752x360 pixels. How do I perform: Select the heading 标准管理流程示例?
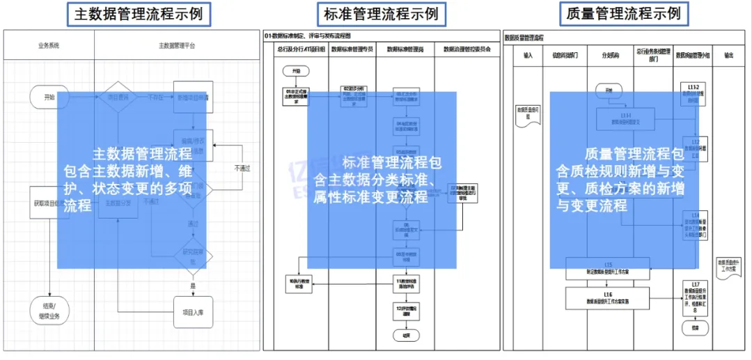382,13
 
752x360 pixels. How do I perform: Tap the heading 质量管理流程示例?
624,13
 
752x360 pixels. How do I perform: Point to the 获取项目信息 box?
47,203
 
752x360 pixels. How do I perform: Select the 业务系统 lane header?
49,45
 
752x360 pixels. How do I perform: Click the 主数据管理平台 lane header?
177,45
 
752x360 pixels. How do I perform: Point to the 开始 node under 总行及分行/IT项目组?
296,71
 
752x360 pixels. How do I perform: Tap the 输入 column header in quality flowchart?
528,55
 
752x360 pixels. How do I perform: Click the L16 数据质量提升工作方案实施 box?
607,297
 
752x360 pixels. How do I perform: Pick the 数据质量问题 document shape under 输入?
527,114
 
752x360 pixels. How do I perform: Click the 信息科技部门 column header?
565,55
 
